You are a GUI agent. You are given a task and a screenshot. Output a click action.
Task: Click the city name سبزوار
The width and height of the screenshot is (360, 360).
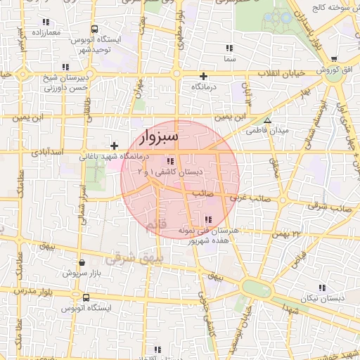(x=159, y=135)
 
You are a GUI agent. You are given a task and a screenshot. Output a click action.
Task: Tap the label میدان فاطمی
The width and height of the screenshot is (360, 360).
(x=264, y=131)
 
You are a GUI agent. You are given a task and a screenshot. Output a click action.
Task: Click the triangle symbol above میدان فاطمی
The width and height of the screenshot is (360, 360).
(x=266, y=121)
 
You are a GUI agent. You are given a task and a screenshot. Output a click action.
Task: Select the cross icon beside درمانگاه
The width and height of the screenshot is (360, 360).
(x=204, y=76)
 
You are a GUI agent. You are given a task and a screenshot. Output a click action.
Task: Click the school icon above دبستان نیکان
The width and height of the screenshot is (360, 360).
(x=322, y=288)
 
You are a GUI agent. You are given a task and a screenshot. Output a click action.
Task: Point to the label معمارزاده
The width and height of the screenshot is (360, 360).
(x=46, y=33)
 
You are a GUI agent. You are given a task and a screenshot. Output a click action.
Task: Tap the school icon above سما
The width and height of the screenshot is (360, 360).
(x=229, y=48)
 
